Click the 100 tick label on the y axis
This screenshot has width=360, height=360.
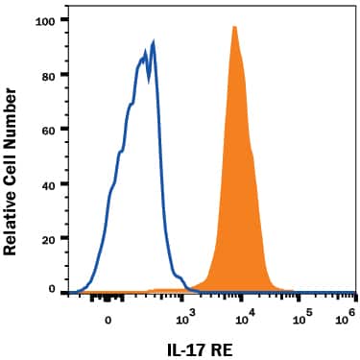coord(44,19)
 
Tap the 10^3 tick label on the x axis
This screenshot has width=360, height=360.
coord(187,312)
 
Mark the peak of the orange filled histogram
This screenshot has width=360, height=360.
coord(234,27)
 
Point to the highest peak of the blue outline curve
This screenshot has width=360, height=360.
coord(154,42)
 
